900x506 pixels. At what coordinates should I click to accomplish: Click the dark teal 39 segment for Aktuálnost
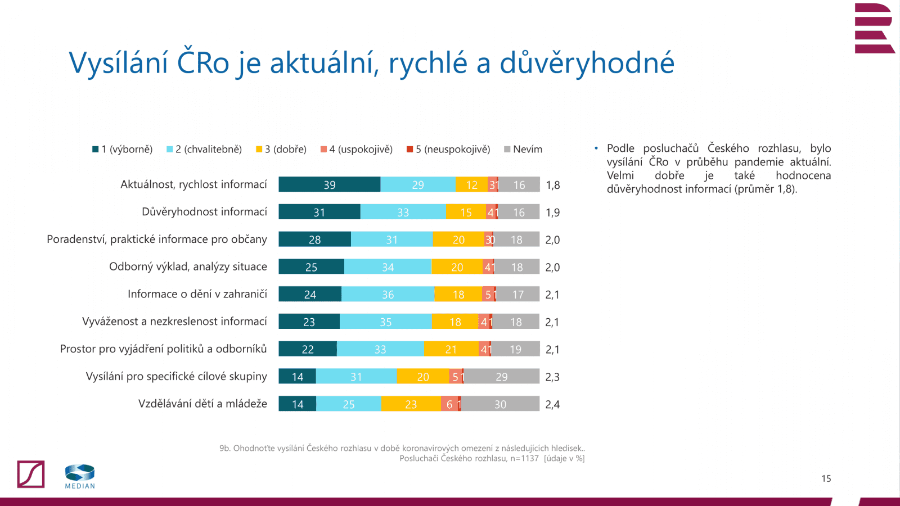coord(329,184)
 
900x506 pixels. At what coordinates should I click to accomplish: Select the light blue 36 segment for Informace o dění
coord(388,294)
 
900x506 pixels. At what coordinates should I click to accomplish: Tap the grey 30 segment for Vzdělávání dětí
coord(500,404)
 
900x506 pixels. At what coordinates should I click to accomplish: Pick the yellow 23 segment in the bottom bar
coord(411,404)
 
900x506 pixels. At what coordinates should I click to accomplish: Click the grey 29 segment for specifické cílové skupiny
coord(501,376)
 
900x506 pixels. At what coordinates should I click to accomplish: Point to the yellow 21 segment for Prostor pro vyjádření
coord(451,349)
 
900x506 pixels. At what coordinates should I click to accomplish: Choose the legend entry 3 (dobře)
coord(281,149)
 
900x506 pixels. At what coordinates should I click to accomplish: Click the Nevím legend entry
coord(523,149)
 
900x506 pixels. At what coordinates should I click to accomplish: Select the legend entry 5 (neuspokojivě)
coord(448,149)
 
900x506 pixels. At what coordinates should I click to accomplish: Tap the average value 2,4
coord(552,404)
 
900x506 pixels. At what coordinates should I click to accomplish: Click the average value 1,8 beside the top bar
coord(552,185)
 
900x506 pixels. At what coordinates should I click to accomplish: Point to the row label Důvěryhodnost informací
coord(204,212)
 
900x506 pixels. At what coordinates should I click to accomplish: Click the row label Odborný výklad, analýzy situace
coord(188,266)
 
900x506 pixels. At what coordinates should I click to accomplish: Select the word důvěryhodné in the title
coord(587,62)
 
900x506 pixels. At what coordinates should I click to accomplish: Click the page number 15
coord(826,478)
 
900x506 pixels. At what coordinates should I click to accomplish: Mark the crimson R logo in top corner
coord(874,28)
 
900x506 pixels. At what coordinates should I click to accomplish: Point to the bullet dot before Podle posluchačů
coord(596,148)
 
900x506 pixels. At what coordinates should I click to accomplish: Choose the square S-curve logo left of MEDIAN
coord(31,474)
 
